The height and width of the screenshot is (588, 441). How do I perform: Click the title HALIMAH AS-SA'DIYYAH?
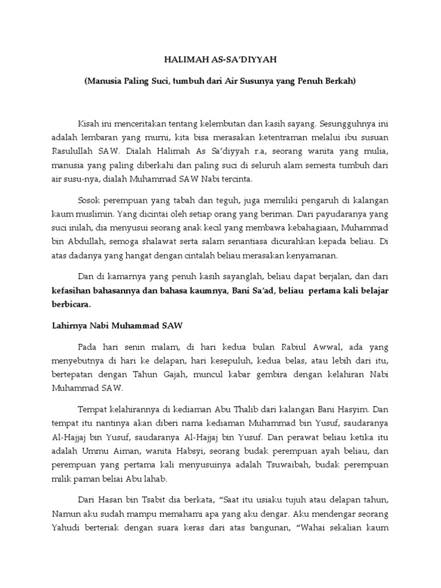pos(220,60)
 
